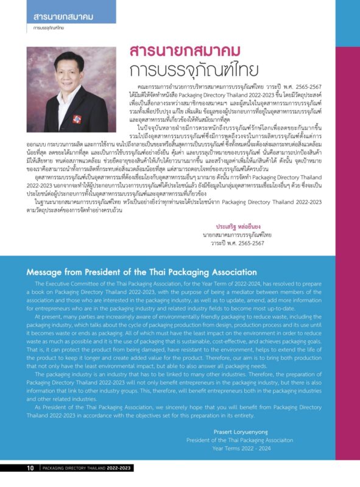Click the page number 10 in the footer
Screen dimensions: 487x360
[x=30, y=468]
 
